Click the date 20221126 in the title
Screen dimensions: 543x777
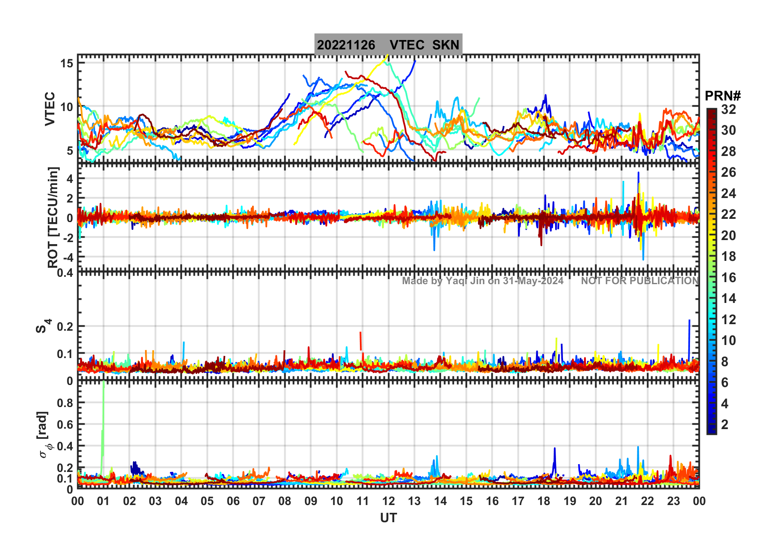[x=346, y=45]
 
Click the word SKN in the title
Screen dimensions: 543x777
[x=446, y=45]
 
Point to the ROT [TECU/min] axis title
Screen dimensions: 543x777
[x=53, y=217]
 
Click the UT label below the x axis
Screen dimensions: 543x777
[x=388, y=518]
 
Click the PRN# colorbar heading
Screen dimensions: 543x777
[x=723, y=96]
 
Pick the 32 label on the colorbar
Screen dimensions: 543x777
[x=728, y=109]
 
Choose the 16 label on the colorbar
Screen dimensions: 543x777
[x=728, y=278]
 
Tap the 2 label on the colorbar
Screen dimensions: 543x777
[x=725, y=425]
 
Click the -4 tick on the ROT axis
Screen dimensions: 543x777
[x=68, y=257]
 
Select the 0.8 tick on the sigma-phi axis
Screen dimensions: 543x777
[x=65, y=403]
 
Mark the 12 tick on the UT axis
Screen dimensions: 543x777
[x=388, y=501]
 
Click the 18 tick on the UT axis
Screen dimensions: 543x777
[x=544, y=501]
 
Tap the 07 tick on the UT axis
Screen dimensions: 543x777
[x=259, y=501]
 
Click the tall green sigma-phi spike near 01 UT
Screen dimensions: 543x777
[x=103, y=408]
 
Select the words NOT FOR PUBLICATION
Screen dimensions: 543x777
[x=640, y=281]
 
